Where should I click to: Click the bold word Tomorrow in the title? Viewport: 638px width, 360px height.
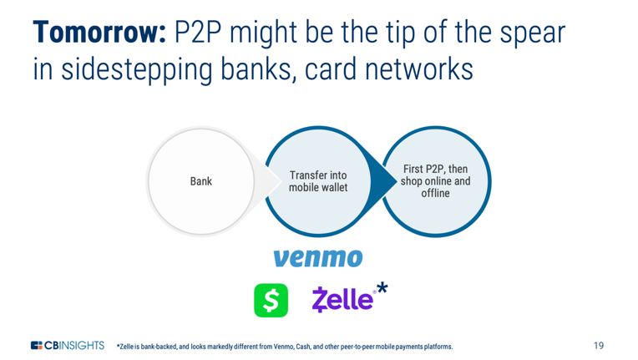99,32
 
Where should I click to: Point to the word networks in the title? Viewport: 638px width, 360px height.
418,68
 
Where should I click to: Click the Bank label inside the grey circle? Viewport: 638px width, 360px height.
201,181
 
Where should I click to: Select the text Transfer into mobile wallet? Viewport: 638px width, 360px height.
318,181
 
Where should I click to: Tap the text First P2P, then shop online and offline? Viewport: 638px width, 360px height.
435,181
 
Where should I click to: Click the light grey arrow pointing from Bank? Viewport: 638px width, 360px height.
266,181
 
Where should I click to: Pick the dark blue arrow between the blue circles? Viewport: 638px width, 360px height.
382,181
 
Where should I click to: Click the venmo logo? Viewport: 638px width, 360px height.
318,258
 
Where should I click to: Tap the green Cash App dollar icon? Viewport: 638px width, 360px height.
271,300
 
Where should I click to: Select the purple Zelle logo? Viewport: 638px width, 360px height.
342,299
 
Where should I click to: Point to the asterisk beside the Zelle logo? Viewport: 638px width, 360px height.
382,288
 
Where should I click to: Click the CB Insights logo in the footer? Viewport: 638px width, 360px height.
68,345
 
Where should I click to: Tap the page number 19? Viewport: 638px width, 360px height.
599,346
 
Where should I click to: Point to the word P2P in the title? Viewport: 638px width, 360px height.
198,33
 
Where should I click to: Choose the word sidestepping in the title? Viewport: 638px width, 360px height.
137,70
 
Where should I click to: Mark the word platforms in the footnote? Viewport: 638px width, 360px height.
438,347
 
